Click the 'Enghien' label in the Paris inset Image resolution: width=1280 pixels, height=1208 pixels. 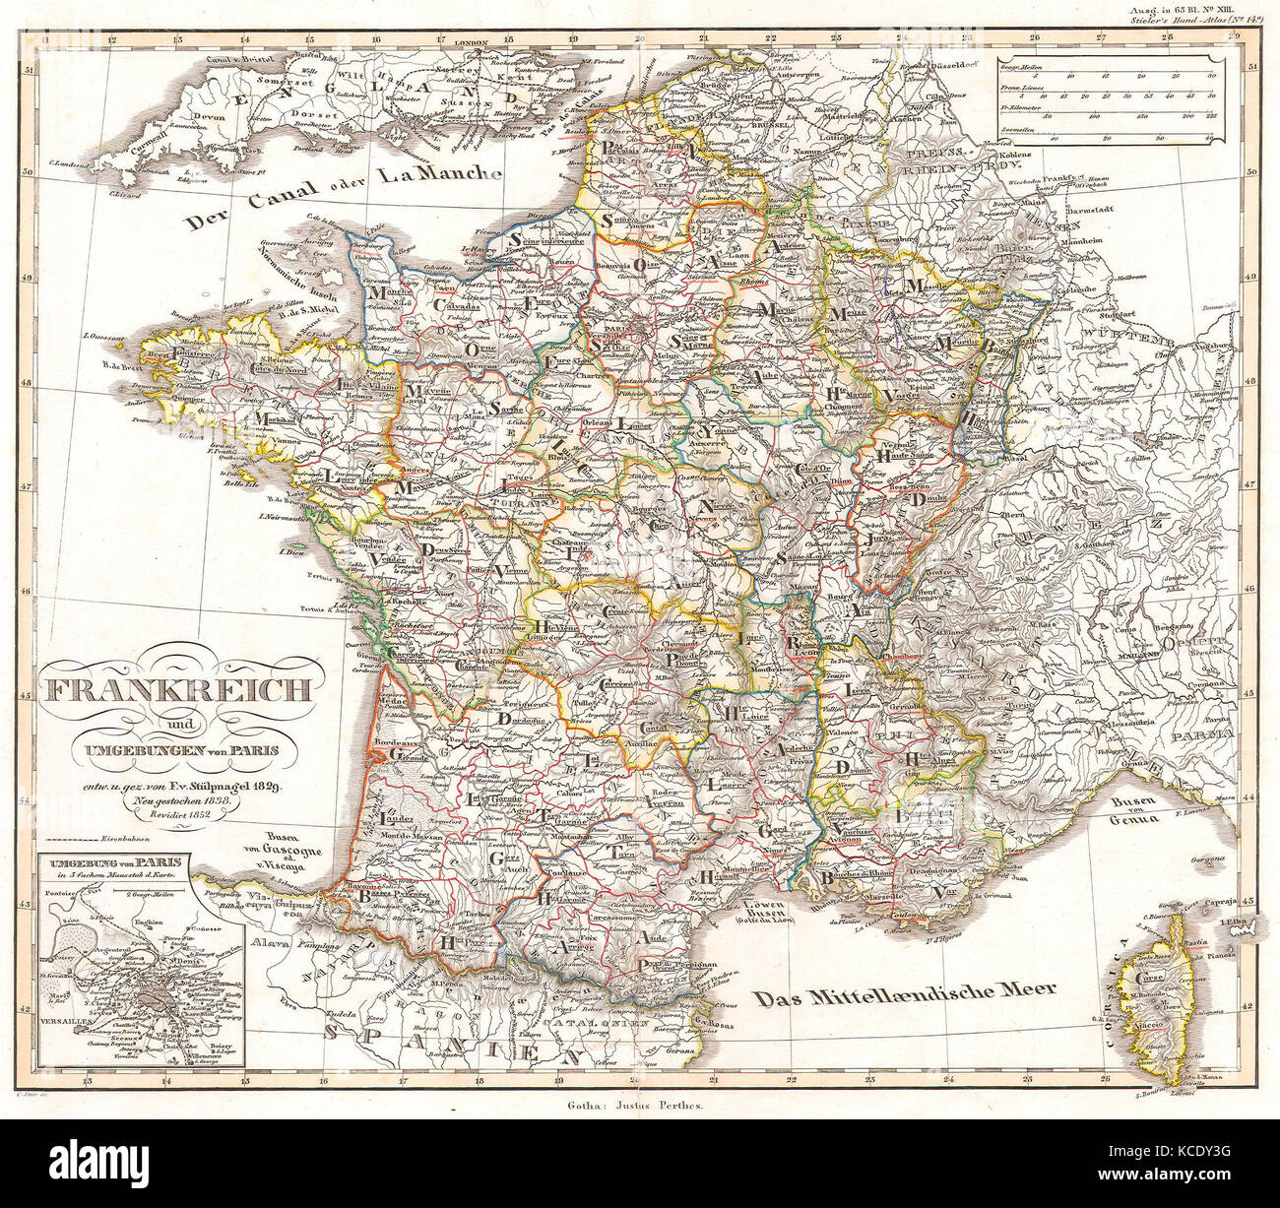pos(166,897)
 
